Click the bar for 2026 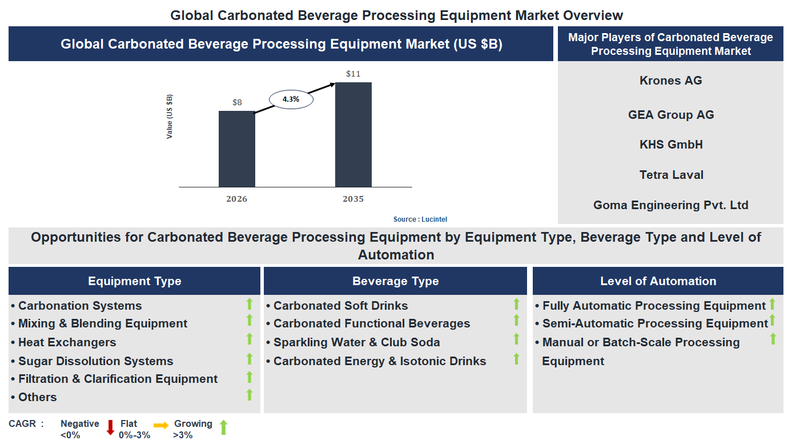[x=237, y=149]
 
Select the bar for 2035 [x=353, y=134]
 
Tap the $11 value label [x=353, y=74]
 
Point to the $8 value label [x=237, y=103]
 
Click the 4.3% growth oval [x=291, y=99]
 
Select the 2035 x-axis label [x=353, y=199]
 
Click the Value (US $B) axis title [x=170, y=117]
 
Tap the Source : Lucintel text [x=424, y=219]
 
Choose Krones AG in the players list [x=670, y=81]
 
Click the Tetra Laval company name [x=671, y=175]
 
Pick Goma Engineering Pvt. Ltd [x=670, y=205]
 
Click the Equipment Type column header [x=134, y=281]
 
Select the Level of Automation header [x=658, y=281]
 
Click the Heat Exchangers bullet [x=67, y=342]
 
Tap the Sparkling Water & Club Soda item [x=356, y=342]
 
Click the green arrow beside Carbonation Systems [x=249, y=304]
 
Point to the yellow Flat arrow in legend [x=161, y=425]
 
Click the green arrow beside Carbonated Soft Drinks [x=516, y=304]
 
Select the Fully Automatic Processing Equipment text [x=653, y=306]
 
